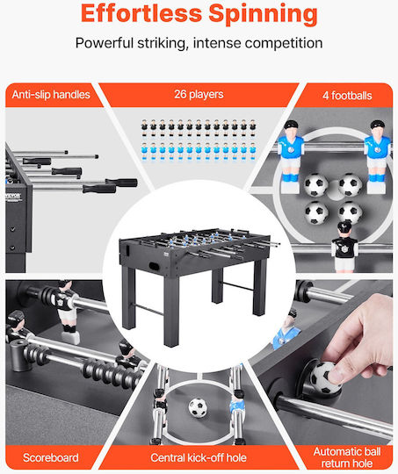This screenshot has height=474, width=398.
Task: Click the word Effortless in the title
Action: (x=141, y=13)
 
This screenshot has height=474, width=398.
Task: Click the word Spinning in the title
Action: (x=264, y=15)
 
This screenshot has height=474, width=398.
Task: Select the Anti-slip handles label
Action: (x=51, y=95)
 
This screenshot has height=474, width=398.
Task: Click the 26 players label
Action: (x=199, y=94)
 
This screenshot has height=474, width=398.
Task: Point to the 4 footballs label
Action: (x=347, y=96)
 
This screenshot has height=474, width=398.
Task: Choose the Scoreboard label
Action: (x=51, y=457)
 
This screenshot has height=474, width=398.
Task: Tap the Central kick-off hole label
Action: (x=199, y=457)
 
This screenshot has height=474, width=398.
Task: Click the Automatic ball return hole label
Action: (x=347, y=457)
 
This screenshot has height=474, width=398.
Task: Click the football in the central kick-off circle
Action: (x=198, y=407)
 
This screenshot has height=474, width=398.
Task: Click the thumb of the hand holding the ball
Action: (x=336, y=370)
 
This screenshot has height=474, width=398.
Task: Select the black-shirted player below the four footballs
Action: (x=344, y=247)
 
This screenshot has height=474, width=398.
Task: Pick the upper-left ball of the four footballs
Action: (x=315, y=184)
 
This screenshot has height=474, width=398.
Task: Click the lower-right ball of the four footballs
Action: (x=350, y=212)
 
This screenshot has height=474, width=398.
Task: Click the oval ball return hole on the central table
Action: (x=156, y=267)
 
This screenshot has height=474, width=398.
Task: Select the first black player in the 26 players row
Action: (x=144, y=127)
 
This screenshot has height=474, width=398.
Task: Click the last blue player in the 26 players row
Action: (x=253, y=151)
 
